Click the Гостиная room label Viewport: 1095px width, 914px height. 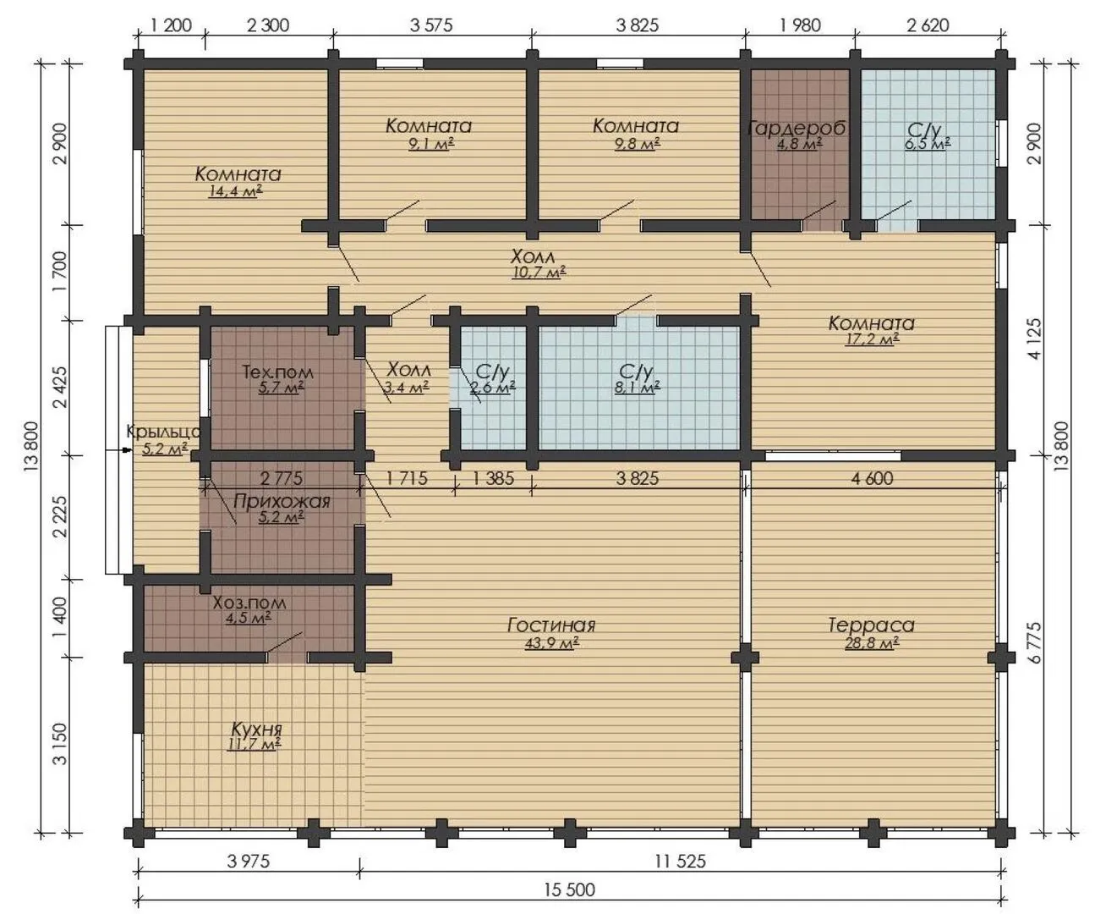(x=551, y=625)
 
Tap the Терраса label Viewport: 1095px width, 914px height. (x=872, y=625)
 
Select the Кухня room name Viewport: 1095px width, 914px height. (x=256, y=730)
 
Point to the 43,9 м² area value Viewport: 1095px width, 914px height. (x=551, y=643)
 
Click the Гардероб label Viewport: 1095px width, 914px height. (x=797, y=128)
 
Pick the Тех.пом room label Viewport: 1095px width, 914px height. (x=278, y=372)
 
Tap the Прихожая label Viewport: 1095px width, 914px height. (x=282, y=501)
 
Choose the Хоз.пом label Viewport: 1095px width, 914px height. (x=249, y=603)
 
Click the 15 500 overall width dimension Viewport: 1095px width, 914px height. (x=570, y=889)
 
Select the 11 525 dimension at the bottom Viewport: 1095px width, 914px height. (x=680, y=861)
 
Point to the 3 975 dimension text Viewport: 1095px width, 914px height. (x=248, y=861)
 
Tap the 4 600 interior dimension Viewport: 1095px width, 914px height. (x=872, y=478)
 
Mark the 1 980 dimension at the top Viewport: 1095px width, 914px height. (x=800, y=25)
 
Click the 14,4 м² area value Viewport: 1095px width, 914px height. (x=235, y=191)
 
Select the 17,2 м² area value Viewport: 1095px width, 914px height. (x=872, y=339)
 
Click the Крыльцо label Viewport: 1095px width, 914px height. (x=164, y=432)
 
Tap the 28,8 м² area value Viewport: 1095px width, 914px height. (x=872, y=643)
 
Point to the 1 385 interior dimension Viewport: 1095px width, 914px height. (x=493, y=478)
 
